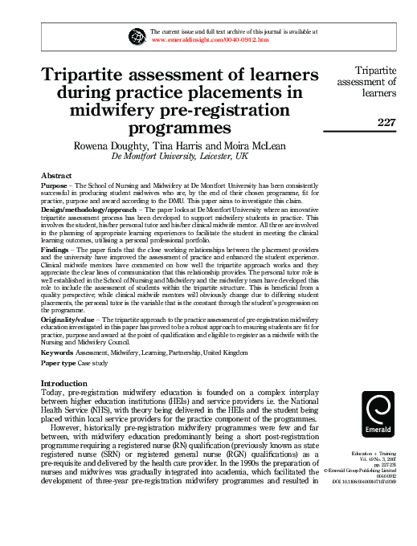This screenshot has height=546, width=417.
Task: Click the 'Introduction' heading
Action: tap(68, 384)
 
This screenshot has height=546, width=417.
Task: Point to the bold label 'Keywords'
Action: tap(58, 352)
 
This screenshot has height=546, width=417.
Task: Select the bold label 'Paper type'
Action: tap(61, 364)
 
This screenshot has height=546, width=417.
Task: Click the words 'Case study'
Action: tap(102, 364)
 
